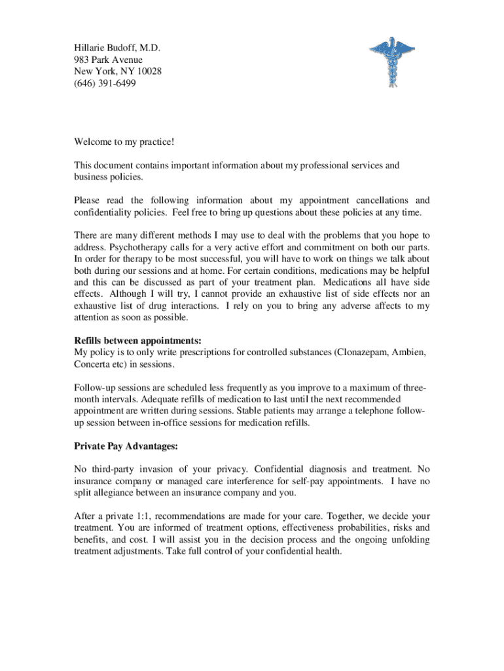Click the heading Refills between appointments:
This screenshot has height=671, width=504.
[x=137, y=341]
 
